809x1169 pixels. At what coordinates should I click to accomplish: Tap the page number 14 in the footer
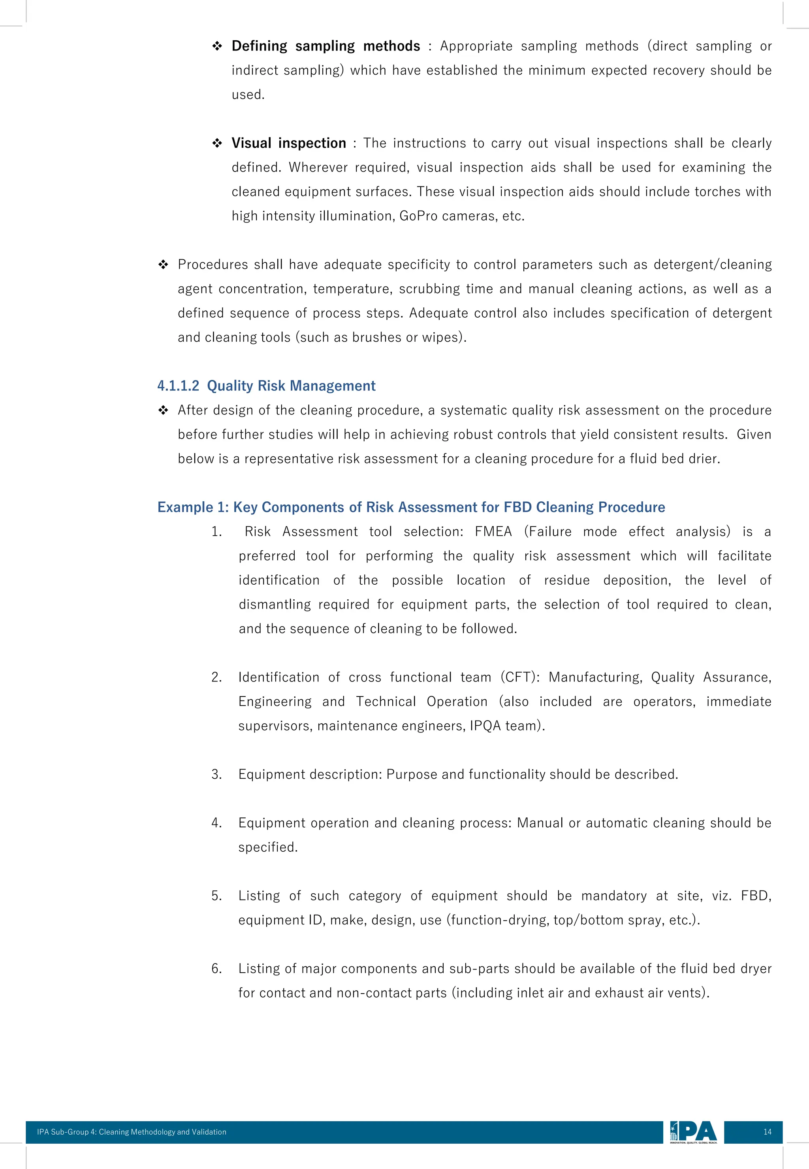pyautogui.click(x=767, y=1131)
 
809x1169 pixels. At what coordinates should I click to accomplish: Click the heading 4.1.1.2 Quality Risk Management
pyautogui.click(x=266, y=386)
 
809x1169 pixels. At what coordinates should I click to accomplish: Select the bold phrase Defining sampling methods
pyautogui.click(x=325, y=46)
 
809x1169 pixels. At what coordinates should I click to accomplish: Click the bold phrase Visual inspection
pyautogui.click(x=288, y=143)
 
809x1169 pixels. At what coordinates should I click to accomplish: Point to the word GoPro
pyautogui.click(x=418, y=216)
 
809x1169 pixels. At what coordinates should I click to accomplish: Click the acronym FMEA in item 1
pyautogui.click(x=493, y=532)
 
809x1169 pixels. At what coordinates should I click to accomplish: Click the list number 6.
pyautogui.click(x=216, y=969)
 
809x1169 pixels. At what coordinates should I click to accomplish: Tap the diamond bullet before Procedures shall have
pyautogui.click(x=163, y=265)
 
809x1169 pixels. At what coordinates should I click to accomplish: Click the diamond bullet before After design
pyautogui.click(x=163, y=410)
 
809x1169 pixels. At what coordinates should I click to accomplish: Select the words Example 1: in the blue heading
pyautogui.click(x=193, y=507)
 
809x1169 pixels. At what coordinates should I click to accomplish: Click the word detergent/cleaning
pyautogui.click(x=712, y=265)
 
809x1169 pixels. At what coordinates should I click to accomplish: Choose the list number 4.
pyautogui.click(x=216, y=823)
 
